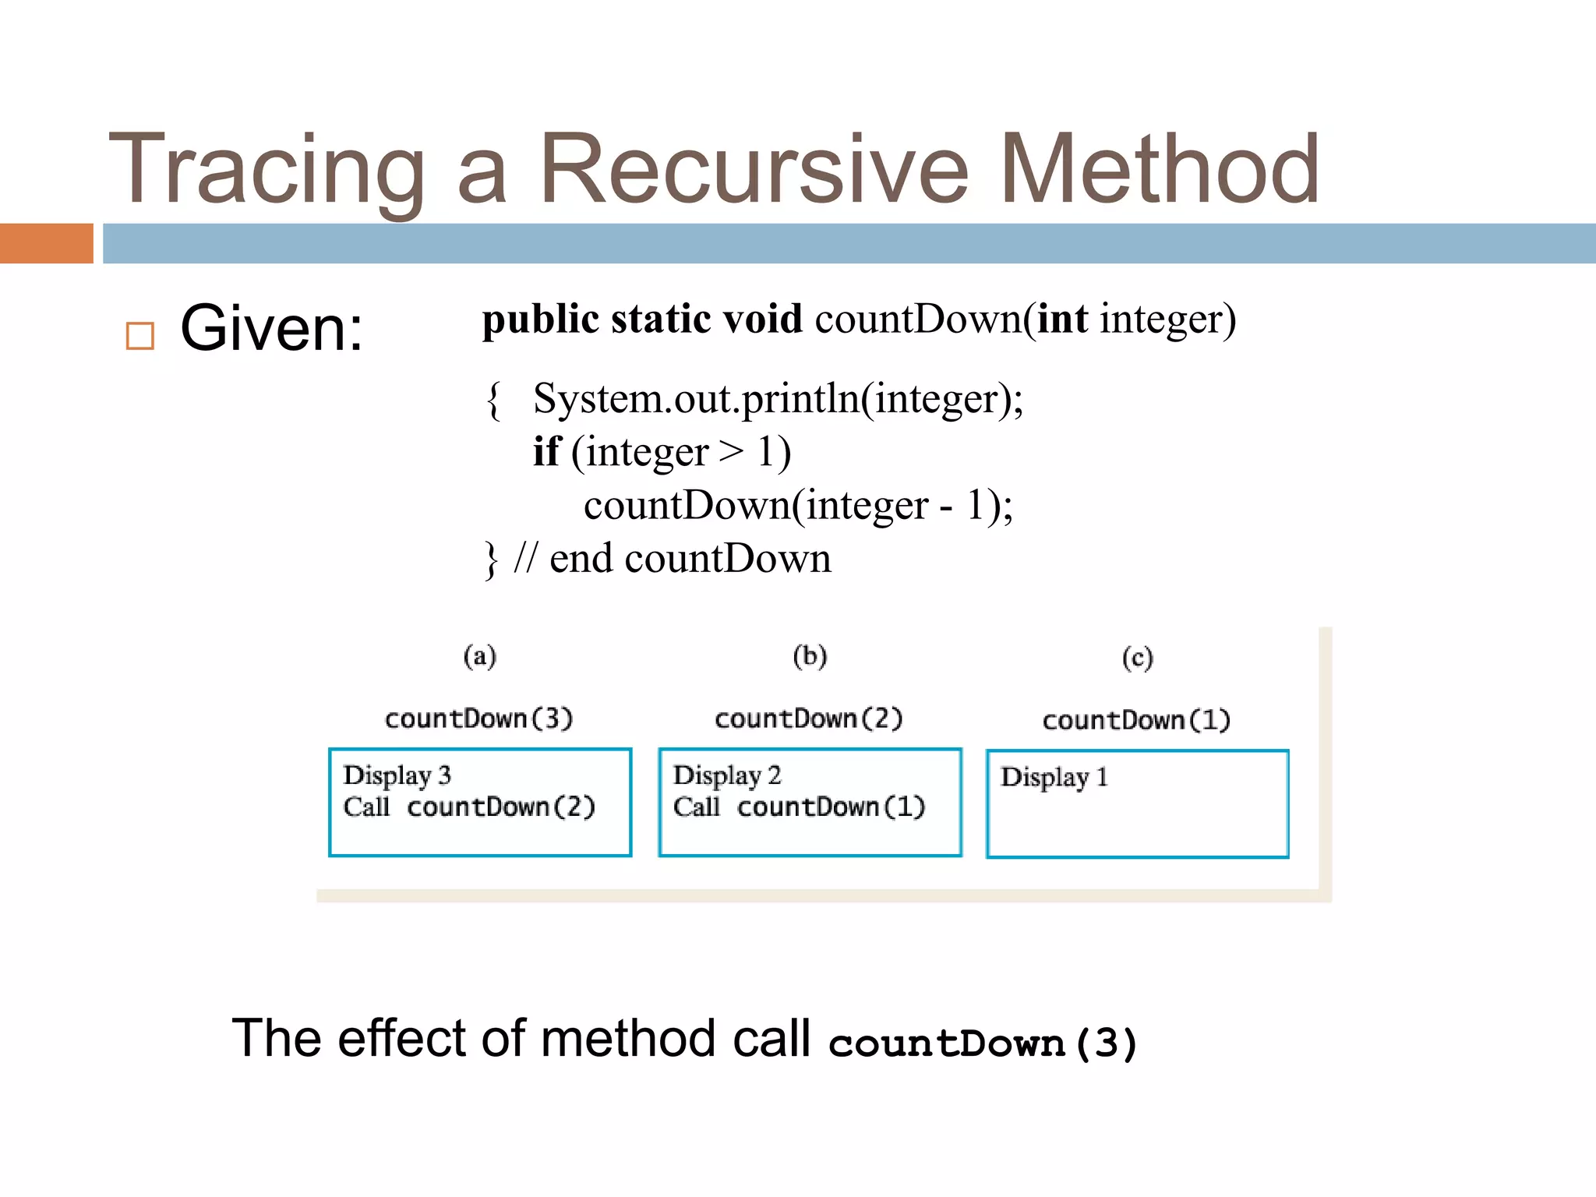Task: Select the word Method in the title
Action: [x=1159, y=170]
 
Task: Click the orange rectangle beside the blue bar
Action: [x=46, y=243]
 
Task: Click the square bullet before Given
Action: [x=140, y=336]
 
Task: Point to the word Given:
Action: [x=271, y=329]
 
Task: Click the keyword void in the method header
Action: [x=762, y=319]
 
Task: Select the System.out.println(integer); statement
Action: [x=777, y=399]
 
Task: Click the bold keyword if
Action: [x=546, y=452]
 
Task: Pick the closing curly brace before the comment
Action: [x=490, y=560]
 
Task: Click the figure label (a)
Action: [x=479, y=656]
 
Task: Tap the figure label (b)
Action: [x=810, y=656]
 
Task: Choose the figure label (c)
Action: [x=1137, y=659]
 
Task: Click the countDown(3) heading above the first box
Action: [x=478, y=718]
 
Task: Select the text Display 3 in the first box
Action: [x=397, y=775]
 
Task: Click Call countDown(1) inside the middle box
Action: [x=799, y=807]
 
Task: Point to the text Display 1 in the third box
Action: [x=1054, y=777]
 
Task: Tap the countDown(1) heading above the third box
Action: [x=1136, y=720]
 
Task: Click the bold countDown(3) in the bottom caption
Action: [x=983, y=1043]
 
